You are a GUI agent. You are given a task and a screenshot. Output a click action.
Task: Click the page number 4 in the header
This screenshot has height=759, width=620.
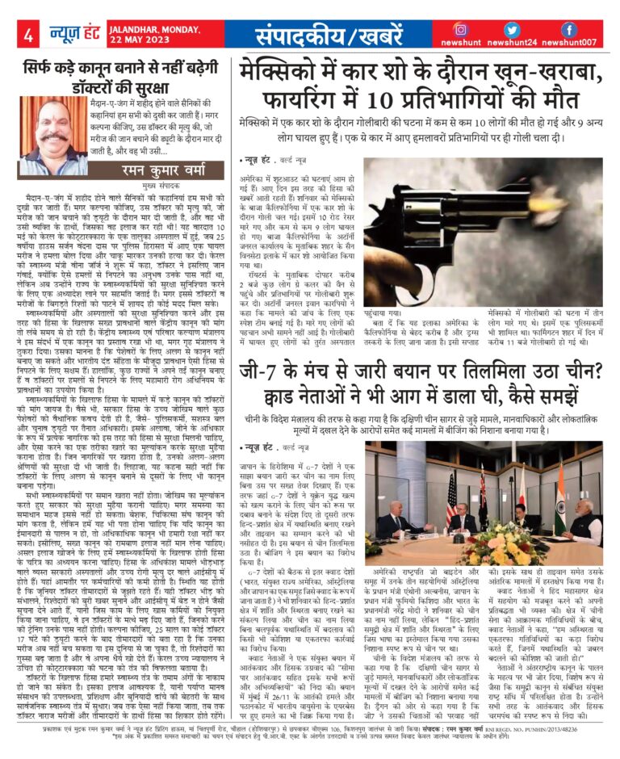click(27, 35)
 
